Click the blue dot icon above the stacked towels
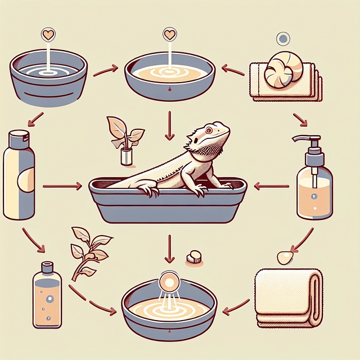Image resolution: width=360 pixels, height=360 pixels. [x=283, y=39]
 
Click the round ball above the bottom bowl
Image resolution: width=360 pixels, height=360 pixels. [x=167, y=281]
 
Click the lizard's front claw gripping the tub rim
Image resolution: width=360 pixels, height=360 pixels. [x=151, y=191]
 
